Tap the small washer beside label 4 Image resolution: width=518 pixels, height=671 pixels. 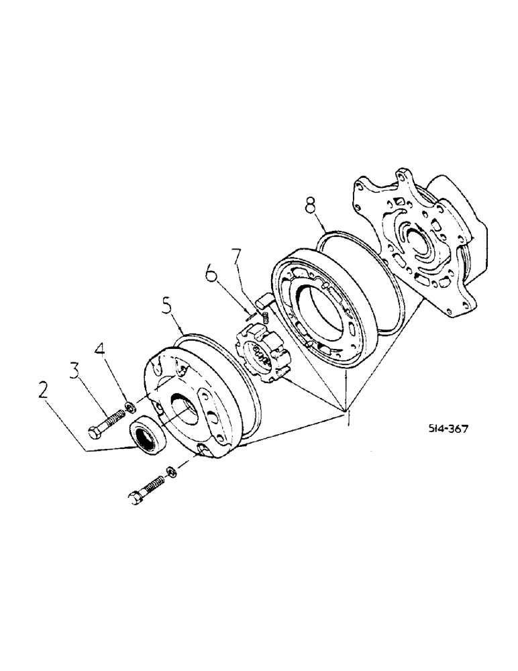pos(128,406)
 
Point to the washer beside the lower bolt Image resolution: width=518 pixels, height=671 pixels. pos(172,471)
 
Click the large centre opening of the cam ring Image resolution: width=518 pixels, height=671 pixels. pos(319,315)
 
